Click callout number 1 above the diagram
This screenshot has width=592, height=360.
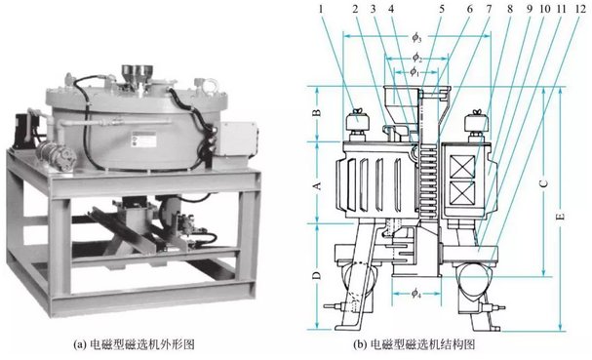[x=321, y=9]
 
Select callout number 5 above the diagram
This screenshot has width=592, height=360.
[x=442, y=9]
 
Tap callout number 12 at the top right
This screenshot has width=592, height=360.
[x=580, y=9]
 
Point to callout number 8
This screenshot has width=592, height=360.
[x=510, y=9]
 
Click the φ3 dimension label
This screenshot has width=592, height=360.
[x=416, y=37]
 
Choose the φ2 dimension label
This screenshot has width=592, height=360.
[x=416, y=58]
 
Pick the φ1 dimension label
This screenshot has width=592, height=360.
[x=414, y=71]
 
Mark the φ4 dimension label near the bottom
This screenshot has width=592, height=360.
[x=415, y=293]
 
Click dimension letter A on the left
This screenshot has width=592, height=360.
[x=317, y=185]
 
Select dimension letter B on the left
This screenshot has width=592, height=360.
[x=317, y=112]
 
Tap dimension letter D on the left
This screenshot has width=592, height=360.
[x=317, y=275]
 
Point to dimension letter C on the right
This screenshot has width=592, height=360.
[x=543, y=183]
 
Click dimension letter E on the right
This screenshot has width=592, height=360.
[x=562, y=217]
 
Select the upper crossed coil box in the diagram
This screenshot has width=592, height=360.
[x=463, y=166]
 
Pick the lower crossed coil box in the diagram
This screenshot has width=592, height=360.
[x=463, y=192]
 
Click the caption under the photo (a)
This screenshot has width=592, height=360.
[x=134, y=344]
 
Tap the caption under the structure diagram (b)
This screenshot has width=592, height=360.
[x=414, y=344]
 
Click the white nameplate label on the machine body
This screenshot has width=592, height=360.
[x=143, y=140]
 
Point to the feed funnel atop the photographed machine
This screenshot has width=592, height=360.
[x=138, y=74]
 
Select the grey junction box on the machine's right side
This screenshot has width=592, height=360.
[x=237, y=139]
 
